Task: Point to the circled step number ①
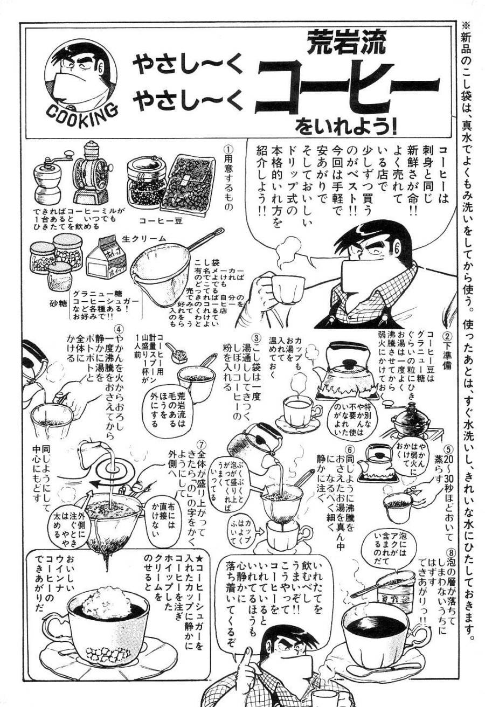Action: [228, 147]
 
